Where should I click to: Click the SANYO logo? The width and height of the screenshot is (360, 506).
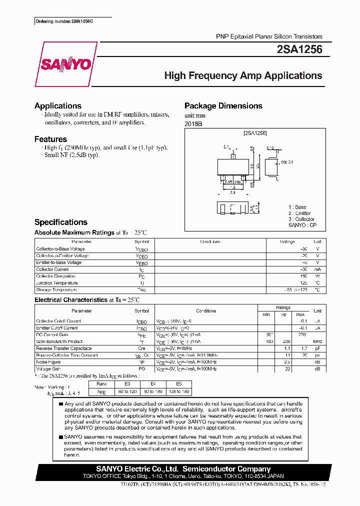click(x=65, y=64)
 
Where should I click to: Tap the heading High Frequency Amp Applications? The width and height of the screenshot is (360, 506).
click(x=243, y=76)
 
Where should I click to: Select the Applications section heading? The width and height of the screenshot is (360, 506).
click(x=58, y=106)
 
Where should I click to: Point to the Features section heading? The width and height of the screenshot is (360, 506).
click(x=50, y=139)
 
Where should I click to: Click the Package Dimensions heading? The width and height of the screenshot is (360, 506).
click(x=223, y=106)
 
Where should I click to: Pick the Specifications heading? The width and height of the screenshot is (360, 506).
click(x=60, y=222)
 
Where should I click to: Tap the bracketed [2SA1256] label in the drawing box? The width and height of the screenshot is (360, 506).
click(x=255, y=133)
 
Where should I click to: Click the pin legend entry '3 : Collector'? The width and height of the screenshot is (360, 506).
click(x=301, y=219)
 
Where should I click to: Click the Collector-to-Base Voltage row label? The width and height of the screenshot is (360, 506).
click(x=60, y=249)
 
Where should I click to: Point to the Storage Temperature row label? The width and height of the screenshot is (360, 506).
click(x=56, y=290)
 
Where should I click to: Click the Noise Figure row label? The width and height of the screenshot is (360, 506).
click(x=48, y=362)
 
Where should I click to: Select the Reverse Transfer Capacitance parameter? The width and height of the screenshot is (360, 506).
click(x=64, y=348)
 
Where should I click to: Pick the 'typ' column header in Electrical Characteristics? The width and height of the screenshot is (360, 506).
click(x=283, y=314)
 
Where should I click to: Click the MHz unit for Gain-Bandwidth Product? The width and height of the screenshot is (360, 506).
click(x=317, y=341)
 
